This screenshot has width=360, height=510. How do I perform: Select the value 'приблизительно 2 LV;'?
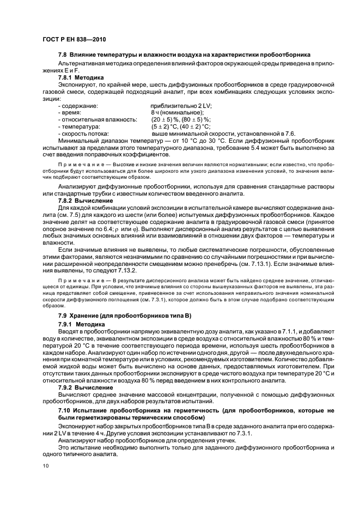181,105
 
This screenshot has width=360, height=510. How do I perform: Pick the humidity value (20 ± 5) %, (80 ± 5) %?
181,119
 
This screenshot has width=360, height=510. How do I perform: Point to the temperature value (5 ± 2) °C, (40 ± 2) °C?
181,126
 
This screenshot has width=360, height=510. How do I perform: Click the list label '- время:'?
69,112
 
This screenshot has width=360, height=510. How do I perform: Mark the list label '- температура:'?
78,126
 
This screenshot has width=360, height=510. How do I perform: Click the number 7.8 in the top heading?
63,54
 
